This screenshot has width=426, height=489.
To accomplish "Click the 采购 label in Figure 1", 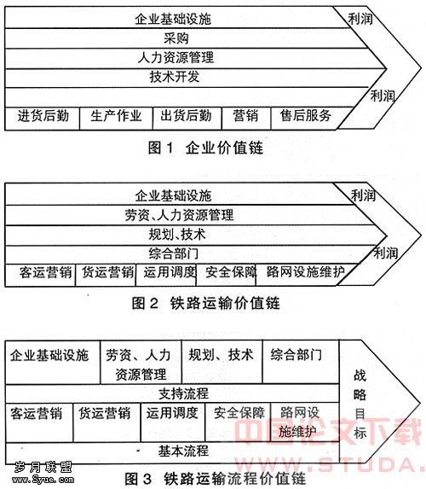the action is tap(176, 38).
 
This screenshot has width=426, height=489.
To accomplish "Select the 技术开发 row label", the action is tap(175, 77).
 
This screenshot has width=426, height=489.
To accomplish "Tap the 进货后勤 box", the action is tap(43, 119).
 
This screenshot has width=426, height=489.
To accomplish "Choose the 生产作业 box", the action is tap(116, 119).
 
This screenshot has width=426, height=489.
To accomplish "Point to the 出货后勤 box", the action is tap(187, 119).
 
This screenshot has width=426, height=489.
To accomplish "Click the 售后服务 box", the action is tap(308, 119).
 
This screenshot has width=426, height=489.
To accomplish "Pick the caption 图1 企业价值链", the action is tap(205, 148).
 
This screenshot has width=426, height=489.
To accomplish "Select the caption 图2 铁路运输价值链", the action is tap(205, 303).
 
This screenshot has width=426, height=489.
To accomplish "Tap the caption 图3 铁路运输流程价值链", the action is tap(215, 479).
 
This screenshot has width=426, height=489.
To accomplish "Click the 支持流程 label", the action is tap(183, 393).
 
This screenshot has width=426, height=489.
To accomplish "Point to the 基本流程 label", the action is tap(183, 451).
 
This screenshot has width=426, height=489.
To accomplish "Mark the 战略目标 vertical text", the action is tap(360, 405).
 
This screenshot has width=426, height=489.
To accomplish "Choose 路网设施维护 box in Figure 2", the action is tap(303, 275).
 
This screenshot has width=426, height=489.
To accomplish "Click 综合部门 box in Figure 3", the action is tap(301, 362).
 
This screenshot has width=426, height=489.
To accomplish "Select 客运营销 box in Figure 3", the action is tap(39, 422).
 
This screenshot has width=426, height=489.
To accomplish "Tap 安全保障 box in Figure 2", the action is tap(226, 275).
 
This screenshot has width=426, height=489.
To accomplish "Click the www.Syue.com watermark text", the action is tap(43, 480).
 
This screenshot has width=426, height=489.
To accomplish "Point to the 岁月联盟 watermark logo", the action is tap(43, 467).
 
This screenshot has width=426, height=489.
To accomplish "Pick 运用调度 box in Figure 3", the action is tap(173, 422).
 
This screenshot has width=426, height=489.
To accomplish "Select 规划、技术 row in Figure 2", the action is tap(177, 235).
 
